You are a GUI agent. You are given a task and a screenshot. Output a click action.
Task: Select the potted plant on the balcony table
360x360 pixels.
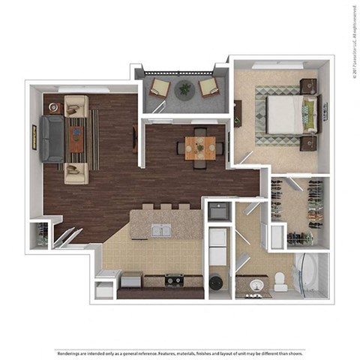pos(184,88)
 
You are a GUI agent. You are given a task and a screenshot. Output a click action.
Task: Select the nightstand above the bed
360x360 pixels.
pos(308,86)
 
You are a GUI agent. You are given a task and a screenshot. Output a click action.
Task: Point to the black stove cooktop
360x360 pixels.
pos(175,281)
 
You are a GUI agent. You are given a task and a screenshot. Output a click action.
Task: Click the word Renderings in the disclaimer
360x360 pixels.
pos(68,331)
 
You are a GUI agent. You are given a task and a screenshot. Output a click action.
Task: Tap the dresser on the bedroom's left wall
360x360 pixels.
pos(238,112)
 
